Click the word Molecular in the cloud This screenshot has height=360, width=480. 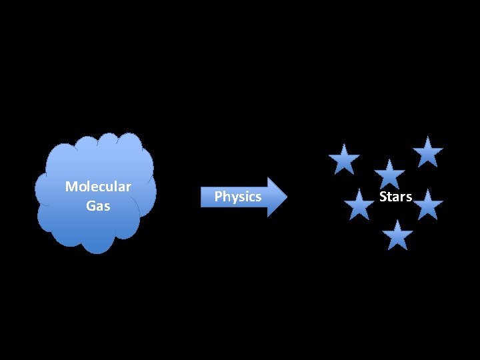[x=98, y=187]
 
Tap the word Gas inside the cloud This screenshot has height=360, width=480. [x=98, y=206]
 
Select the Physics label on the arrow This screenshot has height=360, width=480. [x=238, y=197]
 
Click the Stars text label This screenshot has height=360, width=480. [x=396, y=197]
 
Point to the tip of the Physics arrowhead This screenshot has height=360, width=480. [x=287, y=197]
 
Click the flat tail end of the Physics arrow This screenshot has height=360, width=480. [x=202, y=197]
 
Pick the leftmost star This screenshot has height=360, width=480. [x=344, y=160]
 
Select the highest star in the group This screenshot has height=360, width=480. [x=427, y=152]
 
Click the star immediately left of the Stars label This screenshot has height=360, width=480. [x=360, y=205]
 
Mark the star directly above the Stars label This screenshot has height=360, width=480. [x=389, y=175]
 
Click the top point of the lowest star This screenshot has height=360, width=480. [x=397, y=221]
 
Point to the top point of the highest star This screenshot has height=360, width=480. [x=427, y=137]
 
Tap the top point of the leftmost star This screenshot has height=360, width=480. [x=344, y=145]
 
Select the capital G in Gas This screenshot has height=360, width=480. [x=90, y=206]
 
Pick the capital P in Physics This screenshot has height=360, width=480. [x=217, y=197]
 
